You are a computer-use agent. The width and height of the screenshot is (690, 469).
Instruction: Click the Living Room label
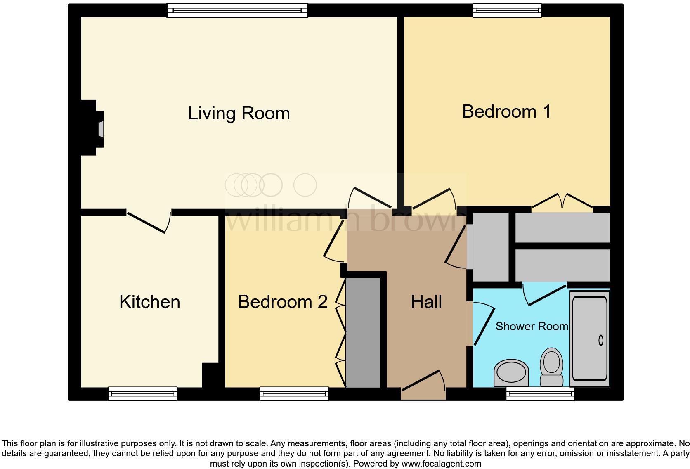coord(239,113)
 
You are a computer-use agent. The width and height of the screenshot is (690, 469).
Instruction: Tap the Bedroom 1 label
coord(506,111)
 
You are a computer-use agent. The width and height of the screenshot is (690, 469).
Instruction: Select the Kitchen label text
coord(150,302)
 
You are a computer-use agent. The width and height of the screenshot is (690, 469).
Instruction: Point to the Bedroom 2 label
coord(283,302)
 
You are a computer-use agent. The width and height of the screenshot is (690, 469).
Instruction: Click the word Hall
coord(426,302)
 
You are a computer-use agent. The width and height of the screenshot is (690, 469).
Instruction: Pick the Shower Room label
coord(532,326)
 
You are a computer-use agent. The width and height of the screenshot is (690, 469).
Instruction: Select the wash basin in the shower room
coord(511,372)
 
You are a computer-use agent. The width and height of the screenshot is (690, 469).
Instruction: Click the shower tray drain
coord(600,341)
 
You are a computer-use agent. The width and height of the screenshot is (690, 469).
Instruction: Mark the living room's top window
coord(237,10)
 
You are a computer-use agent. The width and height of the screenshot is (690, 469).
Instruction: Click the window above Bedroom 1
coord(507,10)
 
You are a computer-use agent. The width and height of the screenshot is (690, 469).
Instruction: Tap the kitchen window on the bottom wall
coord(143,394)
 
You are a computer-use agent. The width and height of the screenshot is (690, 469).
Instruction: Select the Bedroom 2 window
coord(294,394)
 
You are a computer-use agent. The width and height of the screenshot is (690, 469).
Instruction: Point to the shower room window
coord(540,394)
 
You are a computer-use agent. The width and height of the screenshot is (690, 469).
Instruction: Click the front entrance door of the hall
coord(423,386)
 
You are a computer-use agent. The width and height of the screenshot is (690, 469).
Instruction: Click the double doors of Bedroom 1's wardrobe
coord(562,202)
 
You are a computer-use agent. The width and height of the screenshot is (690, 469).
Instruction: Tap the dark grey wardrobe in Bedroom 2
coord(363,332)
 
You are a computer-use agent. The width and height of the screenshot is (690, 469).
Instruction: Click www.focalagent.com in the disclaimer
coord(441,464)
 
